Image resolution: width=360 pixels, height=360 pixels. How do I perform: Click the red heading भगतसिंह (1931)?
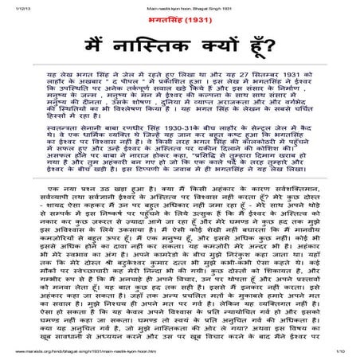[179, 19]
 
